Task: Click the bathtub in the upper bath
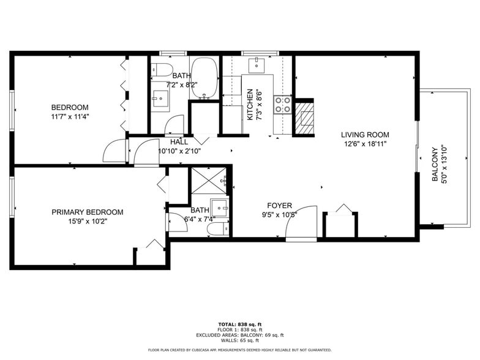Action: pos(201,78)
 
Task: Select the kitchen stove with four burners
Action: pos(282,105)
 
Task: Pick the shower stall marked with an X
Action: pos(208,182)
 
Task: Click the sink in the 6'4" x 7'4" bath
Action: pos(220,205)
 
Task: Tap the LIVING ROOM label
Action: pos(365,135)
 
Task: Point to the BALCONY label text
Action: pos(435,163)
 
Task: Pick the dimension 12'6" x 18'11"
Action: pos(365,144)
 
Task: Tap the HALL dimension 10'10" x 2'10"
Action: pos(179,151)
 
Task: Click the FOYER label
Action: pos(279,206)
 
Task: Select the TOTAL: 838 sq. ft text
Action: pos(240,324)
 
